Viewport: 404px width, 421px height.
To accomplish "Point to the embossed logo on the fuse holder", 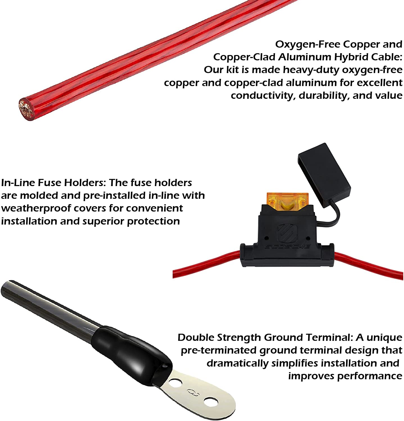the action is [x=287, y=233].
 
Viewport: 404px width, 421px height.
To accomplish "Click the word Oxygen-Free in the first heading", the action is [x=308, y=44].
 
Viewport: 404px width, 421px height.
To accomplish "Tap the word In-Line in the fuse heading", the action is [x=18, y=183].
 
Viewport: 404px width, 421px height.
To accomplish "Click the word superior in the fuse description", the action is [x=103, y=221].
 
